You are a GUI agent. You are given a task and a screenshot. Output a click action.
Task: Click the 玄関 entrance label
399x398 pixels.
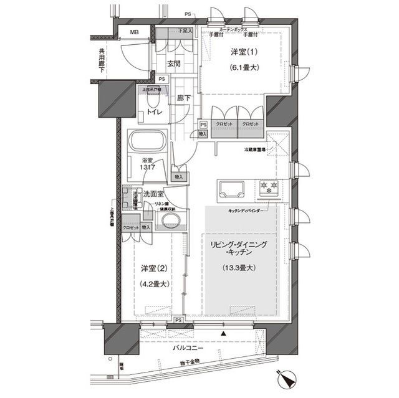pyautogui.click(x=175, y=64)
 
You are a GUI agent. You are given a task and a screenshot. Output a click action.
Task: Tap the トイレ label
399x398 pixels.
pyautogui.click(x=154, y=112)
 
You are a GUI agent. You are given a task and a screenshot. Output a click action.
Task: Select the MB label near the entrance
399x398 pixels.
pyautogui.click(x=134, y=32)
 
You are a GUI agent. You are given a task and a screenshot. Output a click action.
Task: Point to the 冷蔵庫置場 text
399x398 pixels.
pyautogui.click(x=255, y=150)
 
